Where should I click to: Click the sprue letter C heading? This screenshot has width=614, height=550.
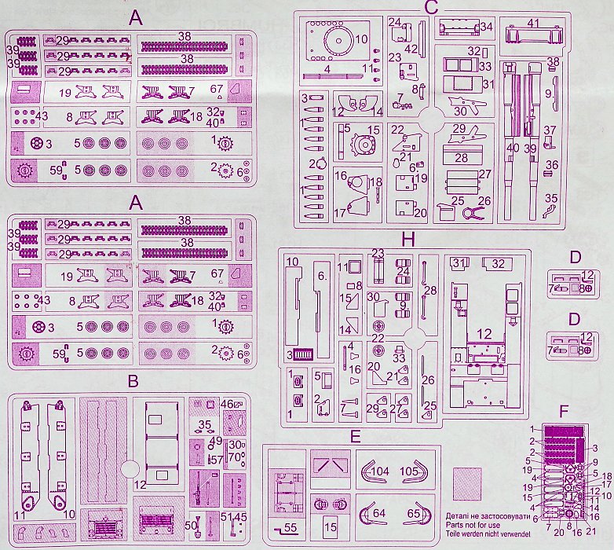(x=429, y=8)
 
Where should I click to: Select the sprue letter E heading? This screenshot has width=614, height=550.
(x=356, y=436)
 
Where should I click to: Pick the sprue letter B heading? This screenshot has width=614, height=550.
(x=133, y=381)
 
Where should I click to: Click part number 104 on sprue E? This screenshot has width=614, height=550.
(x=380, y=471)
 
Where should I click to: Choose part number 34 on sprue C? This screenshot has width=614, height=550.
(x=486, y=27)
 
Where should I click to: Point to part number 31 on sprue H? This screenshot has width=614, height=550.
(x=460, y=262)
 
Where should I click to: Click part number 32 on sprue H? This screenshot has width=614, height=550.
(x=498, y=262)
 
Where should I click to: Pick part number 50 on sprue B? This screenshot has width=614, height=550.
(x=191, y=525)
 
